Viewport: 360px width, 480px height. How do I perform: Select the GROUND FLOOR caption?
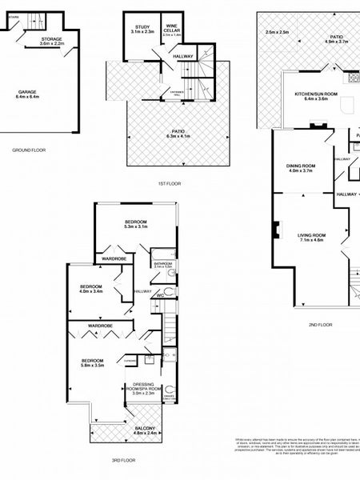coord(29,150)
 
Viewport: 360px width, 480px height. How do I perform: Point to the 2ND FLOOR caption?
coord(320,325)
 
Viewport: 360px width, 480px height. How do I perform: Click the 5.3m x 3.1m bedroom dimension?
coord(135,227)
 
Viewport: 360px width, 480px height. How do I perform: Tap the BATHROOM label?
coord(163,263)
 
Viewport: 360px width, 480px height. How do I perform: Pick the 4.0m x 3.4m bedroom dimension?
coord(91,291)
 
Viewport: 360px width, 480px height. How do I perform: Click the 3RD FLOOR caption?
coord(124,461)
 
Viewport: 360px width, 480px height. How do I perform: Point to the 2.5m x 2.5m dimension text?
coord(276,32)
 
